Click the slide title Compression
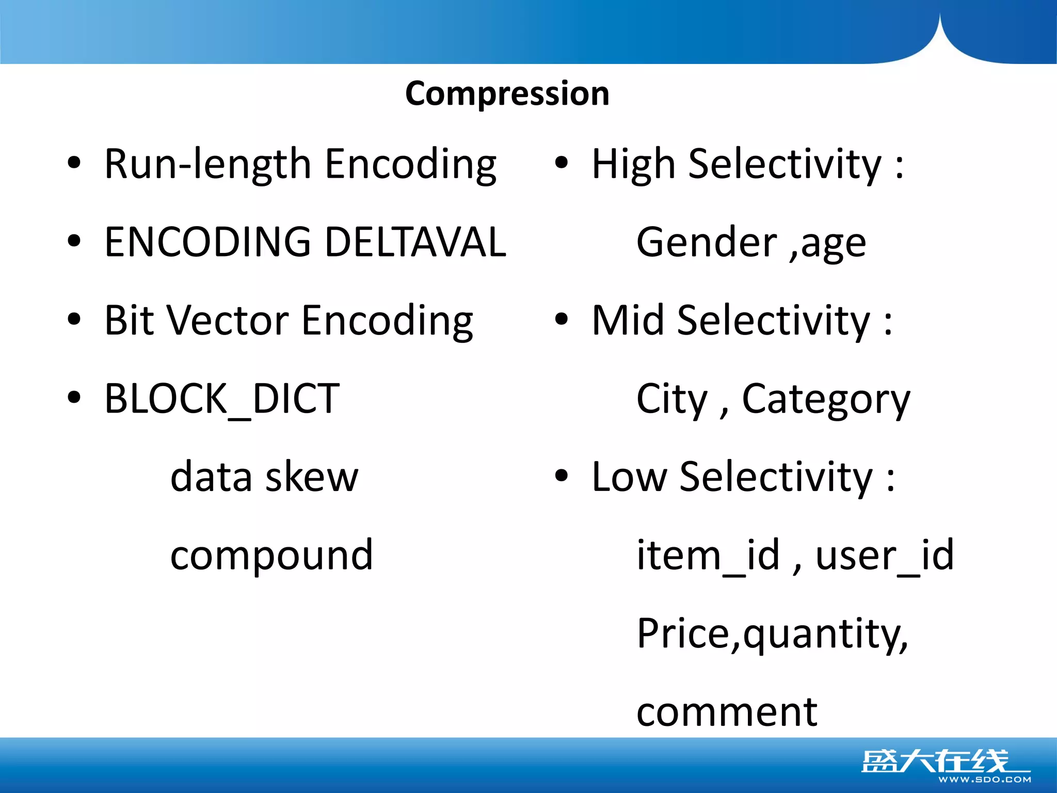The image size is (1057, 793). (x=507, y=94)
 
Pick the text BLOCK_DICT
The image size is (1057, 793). (x=222, y=399)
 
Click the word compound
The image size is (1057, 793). (x=271, y=556)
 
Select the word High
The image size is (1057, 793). (x=633, y=164)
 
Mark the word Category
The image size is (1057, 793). (x=826, y=399)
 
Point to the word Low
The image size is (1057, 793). (x=629, y=477)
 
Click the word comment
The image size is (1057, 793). (x=727, y=712)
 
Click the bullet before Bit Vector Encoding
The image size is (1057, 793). (x=74, y=320)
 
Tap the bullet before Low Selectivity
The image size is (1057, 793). (x=562, y=475)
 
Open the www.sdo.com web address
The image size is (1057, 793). (x=984, y=780)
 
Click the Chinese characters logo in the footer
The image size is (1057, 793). (x=934, y=761)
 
